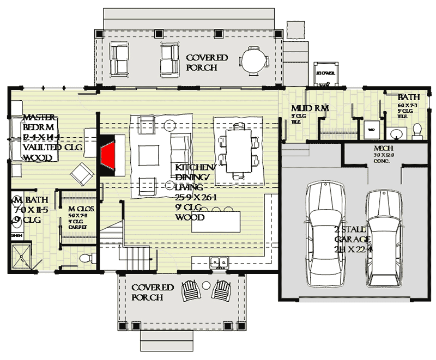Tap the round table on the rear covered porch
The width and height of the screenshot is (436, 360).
tap(253, 60)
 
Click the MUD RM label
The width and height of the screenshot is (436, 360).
tap(310, 108)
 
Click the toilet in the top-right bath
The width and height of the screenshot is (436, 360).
tap(417, 130)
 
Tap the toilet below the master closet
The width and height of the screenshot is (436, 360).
tap(84, 257)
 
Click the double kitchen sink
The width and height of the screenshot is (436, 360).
tap(220, 263)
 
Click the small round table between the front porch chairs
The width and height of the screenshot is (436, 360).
tap(206, 285)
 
